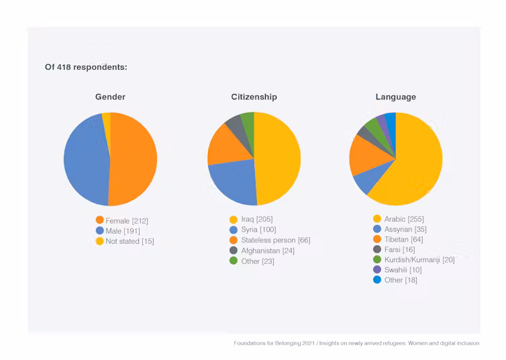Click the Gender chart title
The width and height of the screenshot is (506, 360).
coord(110,97)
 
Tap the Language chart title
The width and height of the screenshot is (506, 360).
coord(395,97)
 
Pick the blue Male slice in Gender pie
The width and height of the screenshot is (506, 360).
coord(85,160)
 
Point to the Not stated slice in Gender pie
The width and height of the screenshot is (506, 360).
coord(106,119)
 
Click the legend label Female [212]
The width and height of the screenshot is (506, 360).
coord(127,220)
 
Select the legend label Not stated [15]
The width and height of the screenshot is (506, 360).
coord(130,240)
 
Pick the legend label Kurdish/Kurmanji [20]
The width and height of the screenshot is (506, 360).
coord(419,259)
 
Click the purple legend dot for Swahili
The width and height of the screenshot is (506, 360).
coord(376,269)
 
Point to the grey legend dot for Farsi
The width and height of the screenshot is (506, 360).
coord(376,249)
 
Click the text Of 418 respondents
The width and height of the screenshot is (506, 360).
coord(86,67)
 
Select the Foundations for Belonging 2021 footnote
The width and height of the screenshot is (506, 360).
coord(356,343)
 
